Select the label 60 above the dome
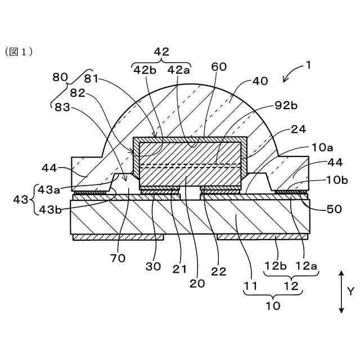point(219,67)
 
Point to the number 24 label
point(299,129)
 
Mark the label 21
point(179,269)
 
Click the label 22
point(219,271)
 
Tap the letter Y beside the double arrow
point(350,291)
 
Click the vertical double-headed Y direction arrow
point(341,291)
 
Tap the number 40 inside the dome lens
point(260,81)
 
